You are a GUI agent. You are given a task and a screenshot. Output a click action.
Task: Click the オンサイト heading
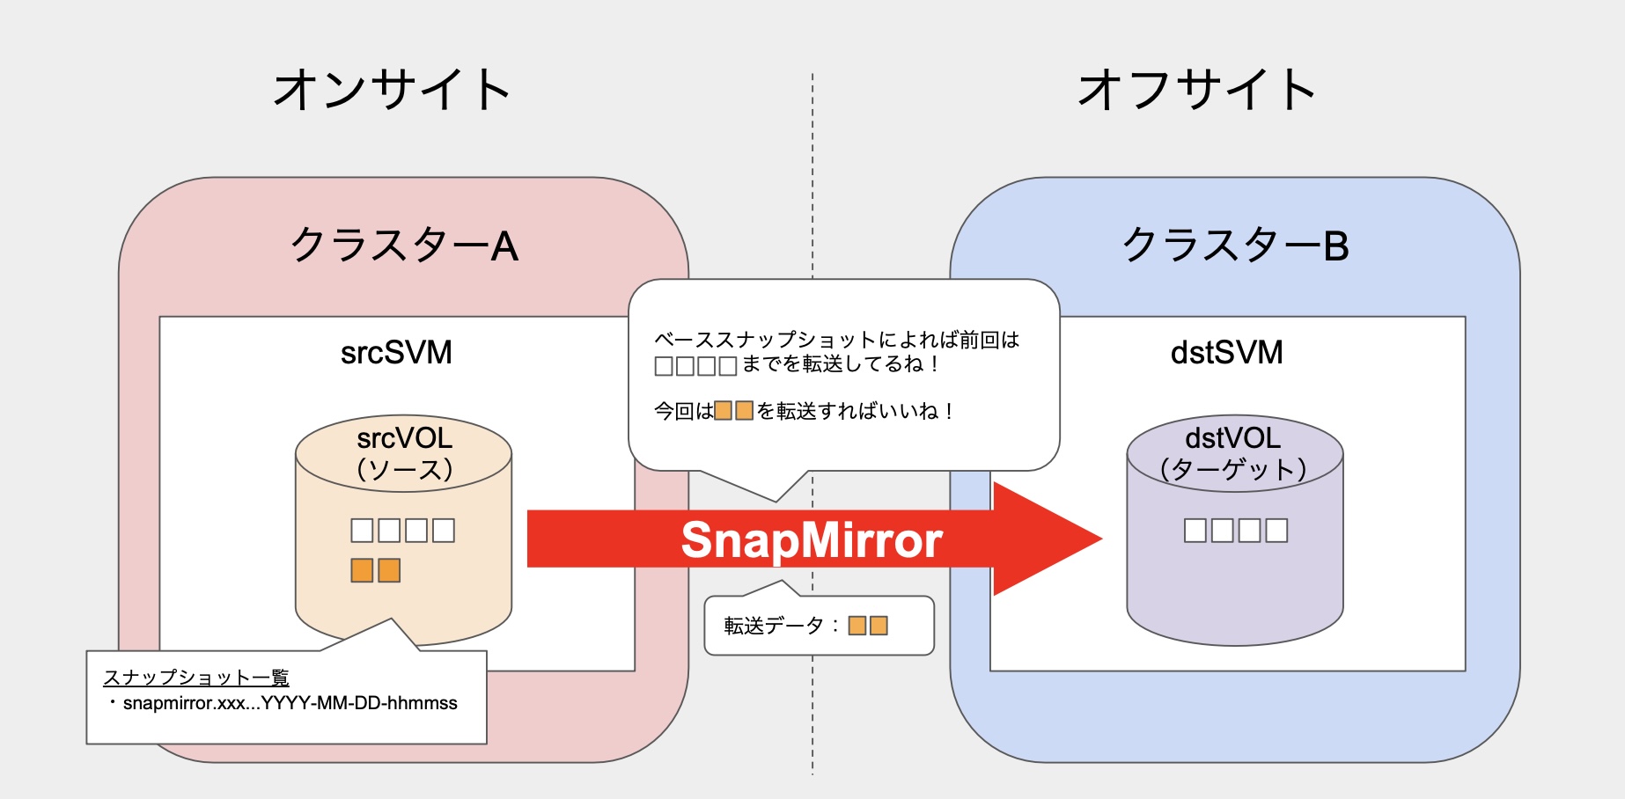[x=392, y=90]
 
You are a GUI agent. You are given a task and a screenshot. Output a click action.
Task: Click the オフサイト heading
[x=1196, y=90]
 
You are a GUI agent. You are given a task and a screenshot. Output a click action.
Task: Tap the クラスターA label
[x=404, y=245]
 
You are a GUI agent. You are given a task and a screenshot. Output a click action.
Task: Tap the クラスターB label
[x=1235, y=245]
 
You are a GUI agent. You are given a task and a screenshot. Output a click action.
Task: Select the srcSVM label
[x=396, y=353]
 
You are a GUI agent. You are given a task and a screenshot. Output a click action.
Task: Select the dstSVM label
[x=1226, y=353]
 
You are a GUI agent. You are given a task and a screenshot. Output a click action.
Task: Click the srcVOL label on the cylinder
[x=404, y=438]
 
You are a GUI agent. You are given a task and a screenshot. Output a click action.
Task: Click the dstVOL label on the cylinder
[x=1232, y=438]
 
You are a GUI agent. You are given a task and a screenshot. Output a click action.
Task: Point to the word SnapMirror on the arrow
[x=812, y=539]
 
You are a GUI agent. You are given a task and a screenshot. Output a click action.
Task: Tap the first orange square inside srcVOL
[x=362, y=571]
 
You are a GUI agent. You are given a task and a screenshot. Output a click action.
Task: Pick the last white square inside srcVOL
[x=444, y=531]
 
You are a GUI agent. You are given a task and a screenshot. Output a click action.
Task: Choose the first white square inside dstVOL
[x=1195, y=531]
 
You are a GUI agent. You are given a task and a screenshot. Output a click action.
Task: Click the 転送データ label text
[x=774, y=626]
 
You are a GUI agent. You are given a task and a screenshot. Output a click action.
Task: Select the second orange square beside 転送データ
[x=879, y=626]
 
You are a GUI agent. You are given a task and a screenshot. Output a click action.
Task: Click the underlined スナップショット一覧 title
[x=196, y=678]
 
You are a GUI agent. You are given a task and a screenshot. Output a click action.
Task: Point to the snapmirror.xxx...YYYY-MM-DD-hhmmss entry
[x=290, y=703]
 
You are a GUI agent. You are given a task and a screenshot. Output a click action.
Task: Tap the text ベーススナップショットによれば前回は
[x=836, y=340]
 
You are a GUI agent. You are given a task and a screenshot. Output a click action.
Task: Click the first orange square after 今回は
[x=724, y=411]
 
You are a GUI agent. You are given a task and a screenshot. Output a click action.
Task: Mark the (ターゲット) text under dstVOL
[x=1233, y=469]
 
